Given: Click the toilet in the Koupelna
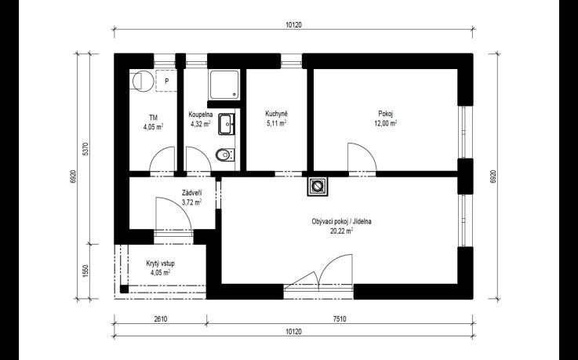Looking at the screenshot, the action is tap(224, 155).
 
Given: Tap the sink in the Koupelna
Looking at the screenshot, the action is tap(226, 124).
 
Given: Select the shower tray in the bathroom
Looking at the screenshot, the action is tap(224, 85).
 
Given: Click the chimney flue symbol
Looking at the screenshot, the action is tap(317, 187).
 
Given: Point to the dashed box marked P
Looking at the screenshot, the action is tap(166, 81).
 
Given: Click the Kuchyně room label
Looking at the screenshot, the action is tap(276, 114).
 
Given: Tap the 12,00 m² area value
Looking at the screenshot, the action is tap(386, 123).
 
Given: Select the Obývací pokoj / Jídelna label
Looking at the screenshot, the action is tap(341, 221).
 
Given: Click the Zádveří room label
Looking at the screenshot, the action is tap(191, 193).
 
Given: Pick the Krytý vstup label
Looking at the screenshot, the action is tap(160, 264).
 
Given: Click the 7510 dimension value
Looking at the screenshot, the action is tap(340, 319).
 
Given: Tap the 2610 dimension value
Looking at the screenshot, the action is tap(160, 319).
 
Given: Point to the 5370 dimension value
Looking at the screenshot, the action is tap(85, 149).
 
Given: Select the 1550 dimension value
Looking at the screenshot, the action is tap(85, 271).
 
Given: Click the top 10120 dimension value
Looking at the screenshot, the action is tap(293, 25).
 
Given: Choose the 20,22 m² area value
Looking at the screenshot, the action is tap(341, 231).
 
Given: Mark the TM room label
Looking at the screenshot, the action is tap(154, 118).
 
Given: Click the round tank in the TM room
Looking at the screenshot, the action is tap(143, 81).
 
